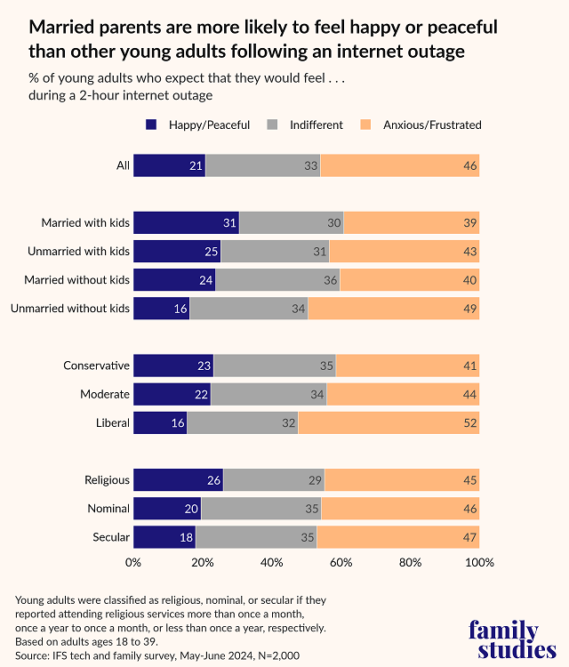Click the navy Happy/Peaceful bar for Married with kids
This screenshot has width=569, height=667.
coord(186,223)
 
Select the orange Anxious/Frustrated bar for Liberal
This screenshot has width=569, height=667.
coord(389,422)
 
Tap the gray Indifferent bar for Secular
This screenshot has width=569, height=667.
coord(256,537)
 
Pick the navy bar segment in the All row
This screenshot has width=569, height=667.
coord(169,165)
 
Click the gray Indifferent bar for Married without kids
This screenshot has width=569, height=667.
coord(277,280)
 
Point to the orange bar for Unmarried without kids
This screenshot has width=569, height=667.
coord(393,309)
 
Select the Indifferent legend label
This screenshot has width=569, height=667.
coord(316,125)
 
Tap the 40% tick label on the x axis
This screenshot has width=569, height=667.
coord(271,563)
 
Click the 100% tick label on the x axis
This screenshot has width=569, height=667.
coord(479,563)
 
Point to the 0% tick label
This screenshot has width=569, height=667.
coord(133,563)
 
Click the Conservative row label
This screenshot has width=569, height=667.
coord(97,366)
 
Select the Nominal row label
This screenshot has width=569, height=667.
coord(108,509)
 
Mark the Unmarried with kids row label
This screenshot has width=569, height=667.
coord(78,252)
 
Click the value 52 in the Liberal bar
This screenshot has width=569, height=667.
coord(470,422)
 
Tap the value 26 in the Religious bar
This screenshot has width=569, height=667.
coord(213,480)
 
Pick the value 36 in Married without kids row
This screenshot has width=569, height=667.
coord(330,280)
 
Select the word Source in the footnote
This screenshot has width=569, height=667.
coord(33,655)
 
